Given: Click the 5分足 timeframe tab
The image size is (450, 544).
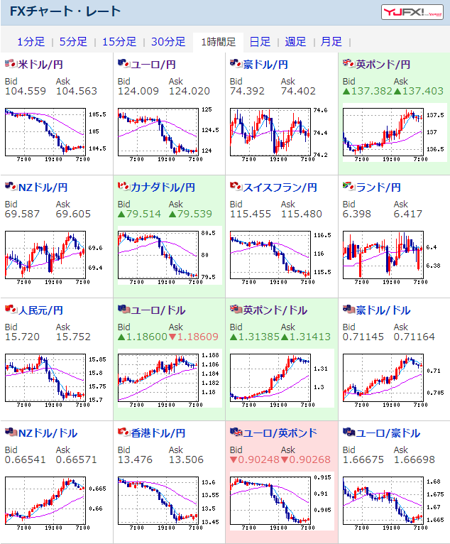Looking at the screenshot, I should coord(73,42).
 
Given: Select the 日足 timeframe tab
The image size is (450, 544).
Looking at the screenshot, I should coord(259,42).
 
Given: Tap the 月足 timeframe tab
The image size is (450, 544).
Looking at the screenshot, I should coord(331,42).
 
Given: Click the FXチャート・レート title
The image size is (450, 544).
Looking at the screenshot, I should coord(65,11).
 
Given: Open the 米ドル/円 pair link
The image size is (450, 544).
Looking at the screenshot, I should coord(40,65).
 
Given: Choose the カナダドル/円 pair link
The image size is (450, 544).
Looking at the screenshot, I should coord(163,187).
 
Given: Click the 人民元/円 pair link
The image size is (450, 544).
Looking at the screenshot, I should coord(40,310).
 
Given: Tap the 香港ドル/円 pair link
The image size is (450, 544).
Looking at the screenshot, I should coord(158,433).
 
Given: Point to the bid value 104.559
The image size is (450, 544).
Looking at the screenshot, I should coord(25,91).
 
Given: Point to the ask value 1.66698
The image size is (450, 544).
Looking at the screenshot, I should coord(415,459).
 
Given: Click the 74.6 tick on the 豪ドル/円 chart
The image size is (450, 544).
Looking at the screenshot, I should coord(319,110).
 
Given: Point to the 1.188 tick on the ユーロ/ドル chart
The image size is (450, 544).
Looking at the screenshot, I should coord(209,354).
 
